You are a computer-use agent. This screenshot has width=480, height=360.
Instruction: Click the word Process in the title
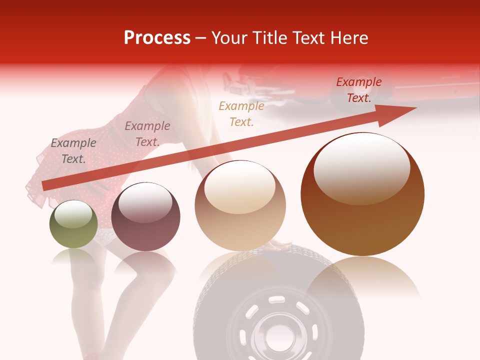(x=157, y=37)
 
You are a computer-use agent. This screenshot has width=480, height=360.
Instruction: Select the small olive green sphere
(x=73, y=225)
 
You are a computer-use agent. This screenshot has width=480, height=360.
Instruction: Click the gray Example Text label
(x=73, y=151)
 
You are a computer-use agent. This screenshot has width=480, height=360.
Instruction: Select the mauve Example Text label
(x=147, y=134)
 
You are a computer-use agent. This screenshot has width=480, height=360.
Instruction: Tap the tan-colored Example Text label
(x=241, y=113)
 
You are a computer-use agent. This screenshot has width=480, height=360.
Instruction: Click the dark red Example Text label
(x=358, y=90)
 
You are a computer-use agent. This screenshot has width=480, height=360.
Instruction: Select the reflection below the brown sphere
(x=362, y=280)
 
